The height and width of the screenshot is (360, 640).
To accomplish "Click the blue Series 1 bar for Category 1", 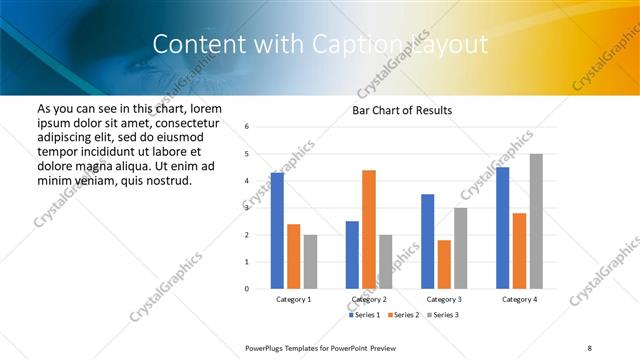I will (277, 231).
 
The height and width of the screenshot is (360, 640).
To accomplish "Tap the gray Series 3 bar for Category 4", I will (536, 221).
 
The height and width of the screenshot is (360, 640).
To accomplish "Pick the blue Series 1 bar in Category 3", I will (428, 241).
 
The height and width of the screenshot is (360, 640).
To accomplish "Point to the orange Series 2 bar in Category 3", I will (444, 264).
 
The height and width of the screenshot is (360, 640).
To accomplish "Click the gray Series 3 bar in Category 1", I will (310, 262).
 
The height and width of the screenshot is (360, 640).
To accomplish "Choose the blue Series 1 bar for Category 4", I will (503, 228).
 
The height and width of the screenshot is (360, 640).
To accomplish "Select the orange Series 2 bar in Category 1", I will (293, 256).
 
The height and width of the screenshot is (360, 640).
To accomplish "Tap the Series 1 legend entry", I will (367, 315).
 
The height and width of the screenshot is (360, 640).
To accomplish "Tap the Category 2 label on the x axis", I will (369, 299).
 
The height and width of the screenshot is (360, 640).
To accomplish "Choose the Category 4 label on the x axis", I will (519, 299).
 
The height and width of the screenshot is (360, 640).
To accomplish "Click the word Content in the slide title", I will (197, 44).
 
